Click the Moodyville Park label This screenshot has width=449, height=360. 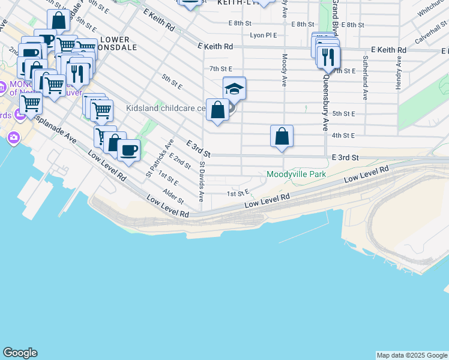tap(296, 175)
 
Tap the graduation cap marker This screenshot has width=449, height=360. tap(234, 89)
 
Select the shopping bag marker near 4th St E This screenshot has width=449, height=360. tap(282, 137)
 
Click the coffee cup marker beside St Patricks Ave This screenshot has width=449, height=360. tap(128, 150)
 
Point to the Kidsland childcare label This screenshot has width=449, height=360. tap(165, 109)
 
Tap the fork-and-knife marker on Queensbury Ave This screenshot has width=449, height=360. tap(328, 58)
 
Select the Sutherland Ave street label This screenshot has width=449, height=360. tap(364, 78)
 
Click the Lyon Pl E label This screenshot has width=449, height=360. tap(264, 35)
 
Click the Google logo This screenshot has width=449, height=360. tap(20, 353)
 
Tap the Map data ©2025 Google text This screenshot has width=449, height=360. tap(412, 355)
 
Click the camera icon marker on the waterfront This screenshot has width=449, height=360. tap(13, 139)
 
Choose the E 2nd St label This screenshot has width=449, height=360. tap(180, 160)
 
